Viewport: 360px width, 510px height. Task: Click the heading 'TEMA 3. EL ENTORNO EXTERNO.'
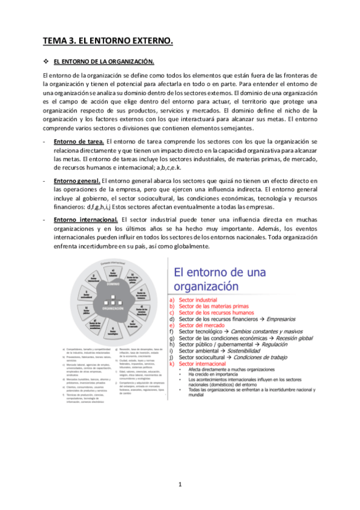pyautogui.click(x=107, y=41)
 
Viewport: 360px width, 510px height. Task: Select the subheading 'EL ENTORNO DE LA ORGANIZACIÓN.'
pyautogui.click(x=104, y=61)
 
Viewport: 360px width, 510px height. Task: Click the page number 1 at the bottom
pyautogui.click(x=180, y=484)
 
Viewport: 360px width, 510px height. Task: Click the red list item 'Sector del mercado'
pyautogui.click(x=200, y=325)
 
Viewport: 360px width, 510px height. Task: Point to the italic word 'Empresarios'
pyautogui.click(x=286, y=319)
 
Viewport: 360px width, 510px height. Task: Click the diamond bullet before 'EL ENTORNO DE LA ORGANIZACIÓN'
pyautogui.click(x=46, y=61)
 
